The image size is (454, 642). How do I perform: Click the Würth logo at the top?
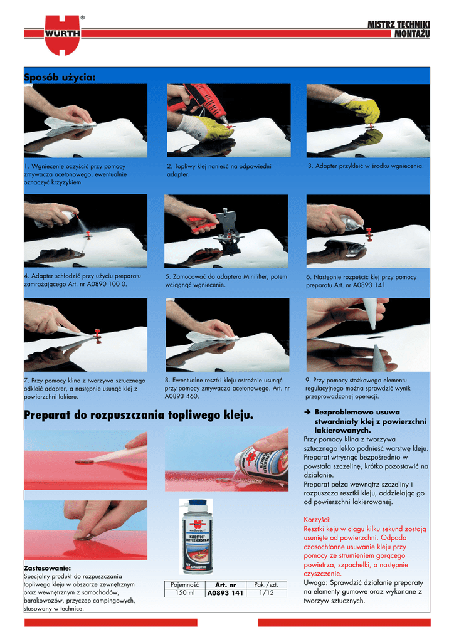pyautogui.click(x=62, y=35)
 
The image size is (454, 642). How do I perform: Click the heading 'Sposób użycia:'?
pyautogui.click(x=60, y=77)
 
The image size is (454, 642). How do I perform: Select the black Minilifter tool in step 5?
pyautogui.click(x=227, y=231)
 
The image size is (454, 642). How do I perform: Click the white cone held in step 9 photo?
pyautogui.click(x=371, y=313)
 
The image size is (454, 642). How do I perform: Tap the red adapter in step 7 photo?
pyautogui.click(x=97, y=336)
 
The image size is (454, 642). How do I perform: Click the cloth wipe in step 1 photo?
pyautogui.click(x=70, y=125)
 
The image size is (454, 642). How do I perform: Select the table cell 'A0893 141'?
pyautogui.click(x=225, y=593)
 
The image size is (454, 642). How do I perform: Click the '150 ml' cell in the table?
pyautogui.click(x=184, y=593)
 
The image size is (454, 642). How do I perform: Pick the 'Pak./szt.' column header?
pyautogui.click(x=266, y=585)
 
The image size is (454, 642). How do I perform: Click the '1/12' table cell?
pyautogui.click(x=266, y=593)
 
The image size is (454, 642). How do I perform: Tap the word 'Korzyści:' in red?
pyautogui.click(x=317, y=520)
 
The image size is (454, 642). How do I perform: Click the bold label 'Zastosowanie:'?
pyautogui.click(x=47, y=568)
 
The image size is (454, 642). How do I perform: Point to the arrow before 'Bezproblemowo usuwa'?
pyautogui.click(x=307, y=413)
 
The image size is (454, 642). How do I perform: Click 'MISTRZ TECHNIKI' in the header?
pyautogui.click(x=398, y=24)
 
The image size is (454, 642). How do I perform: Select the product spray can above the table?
pyautogui.click(x=197, y=537)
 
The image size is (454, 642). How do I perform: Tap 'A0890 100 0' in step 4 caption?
pyautogui.click(x=107, y=284)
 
